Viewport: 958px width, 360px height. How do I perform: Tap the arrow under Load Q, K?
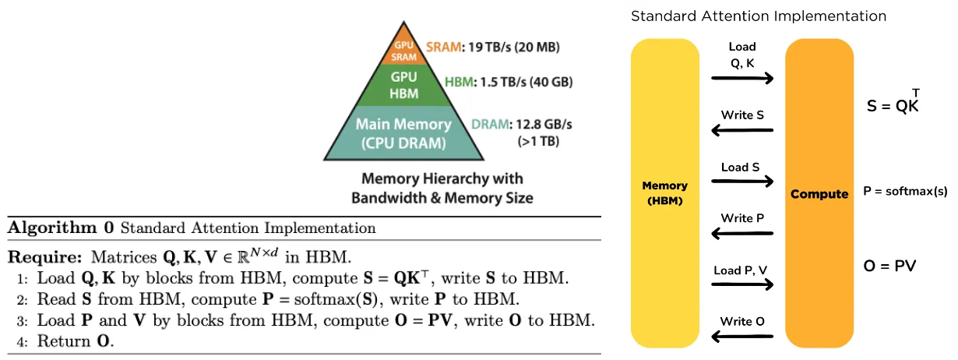click(x=742, y=78)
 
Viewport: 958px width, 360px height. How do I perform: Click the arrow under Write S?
click(x=742, y=129)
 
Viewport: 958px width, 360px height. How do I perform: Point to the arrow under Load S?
click(x=742, y=182)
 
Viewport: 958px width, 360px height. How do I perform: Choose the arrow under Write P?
click(x=742, y=232)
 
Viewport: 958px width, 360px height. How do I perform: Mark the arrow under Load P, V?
click(x=742, y=284)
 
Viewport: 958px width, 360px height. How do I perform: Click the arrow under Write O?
click(x=742, y=336)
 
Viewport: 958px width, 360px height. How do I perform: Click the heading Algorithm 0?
click(x=61, y=228)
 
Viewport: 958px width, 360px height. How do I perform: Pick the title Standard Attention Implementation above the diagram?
click(x=758, y=16)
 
